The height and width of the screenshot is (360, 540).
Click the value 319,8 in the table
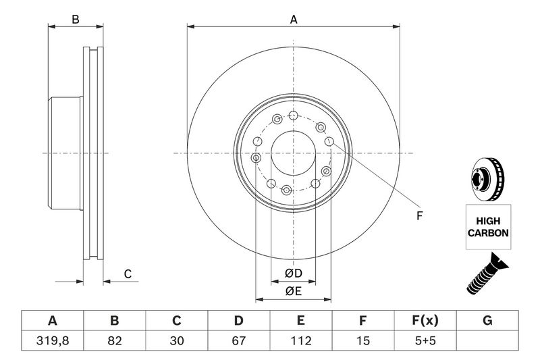point(52,340)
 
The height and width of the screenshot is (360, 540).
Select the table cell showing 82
point(114,340)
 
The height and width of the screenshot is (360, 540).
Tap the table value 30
point(176,340)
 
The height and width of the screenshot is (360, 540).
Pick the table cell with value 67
point(238,340)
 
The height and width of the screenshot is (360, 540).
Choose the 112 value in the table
point(301,340)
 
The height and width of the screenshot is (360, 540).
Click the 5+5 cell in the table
point(425,340)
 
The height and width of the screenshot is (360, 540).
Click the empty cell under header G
point(487,340)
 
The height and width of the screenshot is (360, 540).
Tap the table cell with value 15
point(363,340)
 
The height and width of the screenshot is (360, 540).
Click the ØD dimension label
point(293,274)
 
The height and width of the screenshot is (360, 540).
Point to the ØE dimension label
point(293,291)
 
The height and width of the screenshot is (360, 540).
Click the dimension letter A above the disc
point(294,20)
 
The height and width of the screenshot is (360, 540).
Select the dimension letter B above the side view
point(76,20)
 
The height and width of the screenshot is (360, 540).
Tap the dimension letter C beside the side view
point(126,274)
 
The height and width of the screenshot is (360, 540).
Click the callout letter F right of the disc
point(418,215)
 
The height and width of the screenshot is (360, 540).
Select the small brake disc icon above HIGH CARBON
point(485,180)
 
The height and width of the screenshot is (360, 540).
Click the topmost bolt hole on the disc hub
point(293,115)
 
